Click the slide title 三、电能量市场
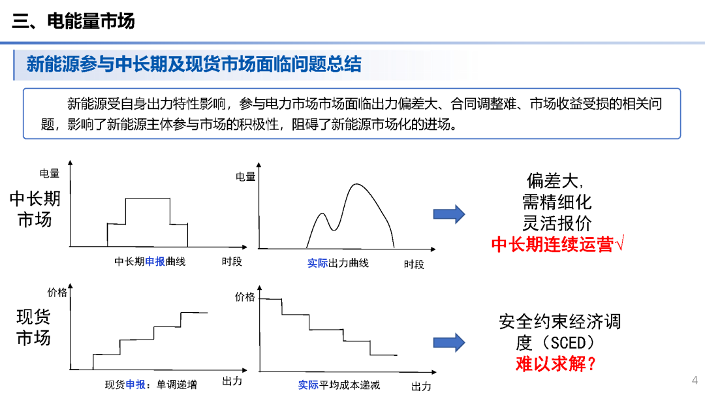point(73,21)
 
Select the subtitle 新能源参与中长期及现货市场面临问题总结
point(193,64)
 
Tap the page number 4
point(695,380)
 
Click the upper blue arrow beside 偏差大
point(449,214)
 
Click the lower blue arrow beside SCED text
point(449,342)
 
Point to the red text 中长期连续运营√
point(557,244)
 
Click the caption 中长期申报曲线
point(150,262)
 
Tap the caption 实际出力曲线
point(338,263)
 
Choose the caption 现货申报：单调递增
point(151,385)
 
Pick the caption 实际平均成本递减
point(339,385)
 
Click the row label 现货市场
point(33,328)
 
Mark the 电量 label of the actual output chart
point(245,176)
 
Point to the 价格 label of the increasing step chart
point(57,293)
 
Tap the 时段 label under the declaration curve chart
point(232,262)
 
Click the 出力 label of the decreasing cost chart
point(421,387)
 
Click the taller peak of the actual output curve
point(356,185)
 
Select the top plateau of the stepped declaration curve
point(147,198)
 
